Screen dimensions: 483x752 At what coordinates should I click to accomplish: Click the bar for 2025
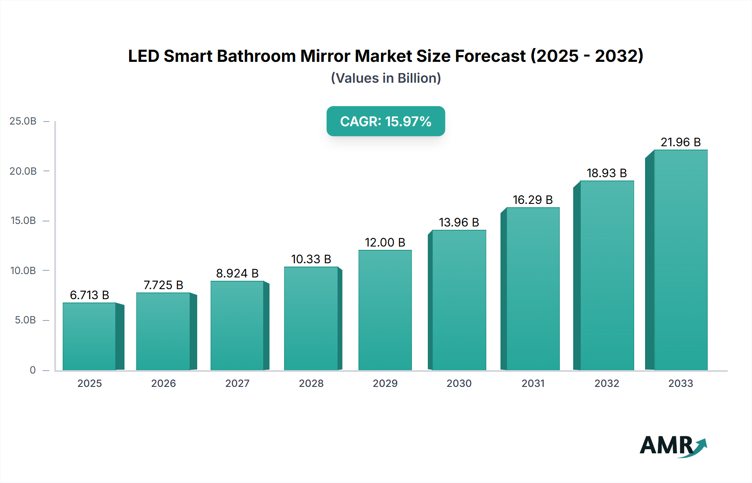(x=89, y=336)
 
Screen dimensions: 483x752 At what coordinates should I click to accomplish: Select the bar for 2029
(x=385, y=310)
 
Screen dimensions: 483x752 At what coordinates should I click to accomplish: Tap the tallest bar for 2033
(x=681, y=260)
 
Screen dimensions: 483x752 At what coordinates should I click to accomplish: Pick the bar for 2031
(x=533, y=289)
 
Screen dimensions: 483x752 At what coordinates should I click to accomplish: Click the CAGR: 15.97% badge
(x=386, y=121)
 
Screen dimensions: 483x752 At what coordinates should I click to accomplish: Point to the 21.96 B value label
(x=681, y=142)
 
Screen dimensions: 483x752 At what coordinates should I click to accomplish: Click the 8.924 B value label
(x=237, y=273)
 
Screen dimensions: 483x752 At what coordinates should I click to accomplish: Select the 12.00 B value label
(x=385, y=242)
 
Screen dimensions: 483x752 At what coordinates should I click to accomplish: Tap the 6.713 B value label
(x=89, y=295)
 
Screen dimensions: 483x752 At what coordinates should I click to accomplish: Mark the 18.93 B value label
(x=607, y=173)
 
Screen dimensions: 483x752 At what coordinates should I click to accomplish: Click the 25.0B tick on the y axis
(x=23, y=121)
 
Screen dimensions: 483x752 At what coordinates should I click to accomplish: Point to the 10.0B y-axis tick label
(x=23, y=270)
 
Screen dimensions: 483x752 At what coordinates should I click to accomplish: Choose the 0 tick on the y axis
(x=33, y=370)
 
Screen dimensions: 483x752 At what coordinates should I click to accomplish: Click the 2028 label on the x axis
(x=311, y=383)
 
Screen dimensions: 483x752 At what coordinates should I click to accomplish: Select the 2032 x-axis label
(x=607, y=383)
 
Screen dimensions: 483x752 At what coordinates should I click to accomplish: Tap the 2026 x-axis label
(x=163, y=383)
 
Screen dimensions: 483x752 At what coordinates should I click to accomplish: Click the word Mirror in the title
(x=325, y=56)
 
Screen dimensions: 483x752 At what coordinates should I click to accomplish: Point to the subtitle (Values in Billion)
(x=386, y=78)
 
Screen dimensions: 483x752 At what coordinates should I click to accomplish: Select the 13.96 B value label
(x=459, y=222)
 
